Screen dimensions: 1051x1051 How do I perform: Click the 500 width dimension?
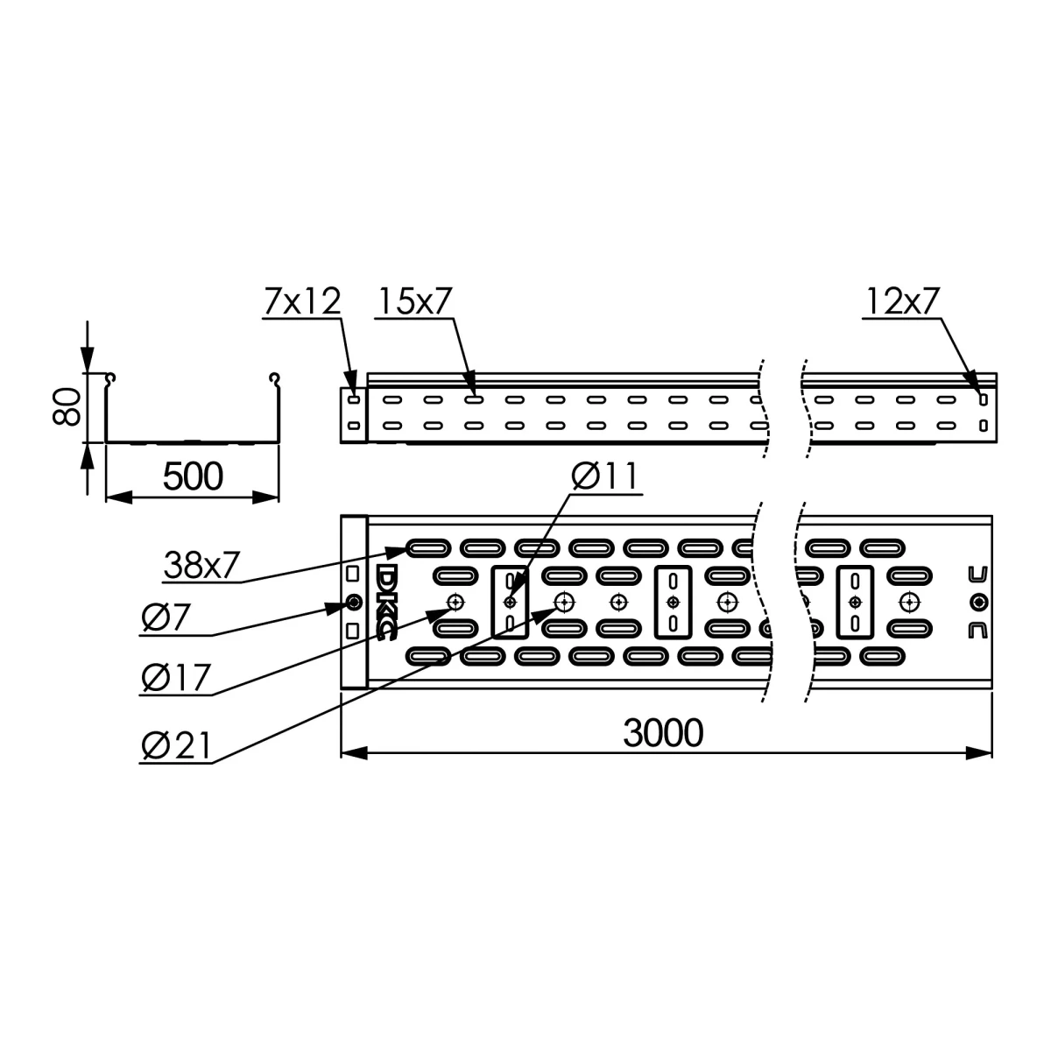[193, 476]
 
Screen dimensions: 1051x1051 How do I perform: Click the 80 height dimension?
[67, 406]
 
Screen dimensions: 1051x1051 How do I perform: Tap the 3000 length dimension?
[663, 732]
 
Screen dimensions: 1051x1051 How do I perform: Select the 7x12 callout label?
[302, 300]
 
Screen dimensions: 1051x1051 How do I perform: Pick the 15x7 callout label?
[415, 300]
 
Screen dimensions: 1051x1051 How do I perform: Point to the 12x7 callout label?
[903, 300]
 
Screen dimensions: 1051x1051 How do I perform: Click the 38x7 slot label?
[201, 565]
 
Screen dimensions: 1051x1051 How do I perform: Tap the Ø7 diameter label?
[166, 618]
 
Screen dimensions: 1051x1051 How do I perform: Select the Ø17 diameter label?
[176, 677]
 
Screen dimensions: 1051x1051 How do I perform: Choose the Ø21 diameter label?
[176, 745]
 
